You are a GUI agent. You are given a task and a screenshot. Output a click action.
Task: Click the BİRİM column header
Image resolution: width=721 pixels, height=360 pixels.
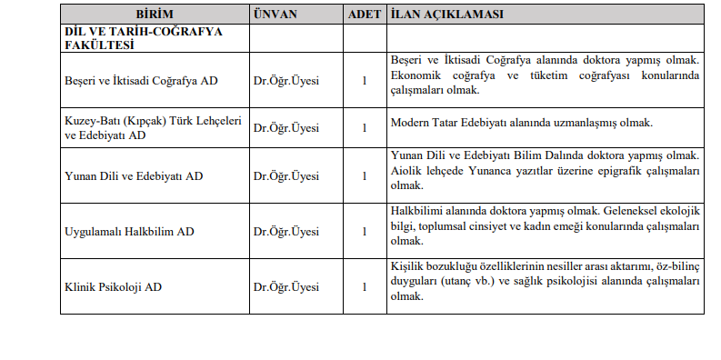pos(154,15)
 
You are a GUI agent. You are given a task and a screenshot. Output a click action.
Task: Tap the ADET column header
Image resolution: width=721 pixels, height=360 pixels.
pos(364,15)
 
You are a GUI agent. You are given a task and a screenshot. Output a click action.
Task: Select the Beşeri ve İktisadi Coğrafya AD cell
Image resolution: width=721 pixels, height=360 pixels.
pos(140,80)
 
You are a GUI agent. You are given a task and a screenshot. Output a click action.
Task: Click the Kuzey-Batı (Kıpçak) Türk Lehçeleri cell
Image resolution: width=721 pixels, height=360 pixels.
pos(153,122)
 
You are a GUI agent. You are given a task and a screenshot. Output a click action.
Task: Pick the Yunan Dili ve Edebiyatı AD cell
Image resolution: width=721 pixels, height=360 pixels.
pos(134,175)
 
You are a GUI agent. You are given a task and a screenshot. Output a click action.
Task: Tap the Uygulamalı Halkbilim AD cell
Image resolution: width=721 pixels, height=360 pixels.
pos(129,231)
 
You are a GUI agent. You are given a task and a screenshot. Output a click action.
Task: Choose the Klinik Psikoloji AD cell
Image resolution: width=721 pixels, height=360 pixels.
pos(114,286)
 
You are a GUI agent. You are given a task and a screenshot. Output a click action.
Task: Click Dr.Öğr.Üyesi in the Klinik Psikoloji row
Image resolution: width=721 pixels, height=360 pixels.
pos(287,286)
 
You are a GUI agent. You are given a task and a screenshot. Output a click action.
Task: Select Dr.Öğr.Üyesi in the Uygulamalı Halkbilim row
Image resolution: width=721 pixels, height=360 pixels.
pos(287,231)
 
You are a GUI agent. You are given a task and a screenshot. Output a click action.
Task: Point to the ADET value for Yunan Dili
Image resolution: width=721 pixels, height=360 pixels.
pos(364,175)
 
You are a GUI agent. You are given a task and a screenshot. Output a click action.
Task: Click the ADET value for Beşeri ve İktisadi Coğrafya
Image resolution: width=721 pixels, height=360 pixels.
pos(364,80)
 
